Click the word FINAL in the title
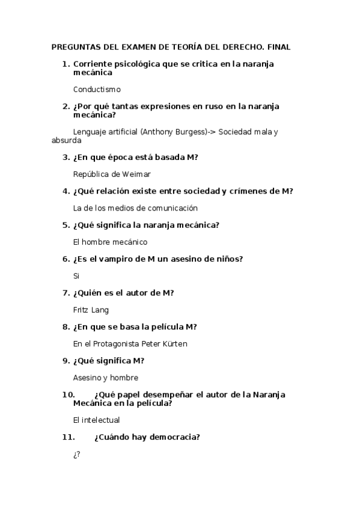point(278,47)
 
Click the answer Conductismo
point(97,89)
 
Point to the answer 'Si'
point(76,276)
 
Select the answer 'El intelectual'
point(96,420)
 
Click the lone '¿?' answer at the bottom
point(76,454)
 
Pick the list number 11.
point(67,437)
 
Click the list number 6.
point(66,259)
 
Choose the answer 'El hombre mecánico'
point(110,242)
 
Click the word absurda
point(67,140)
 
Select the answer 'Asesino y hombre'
point(105,378)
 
